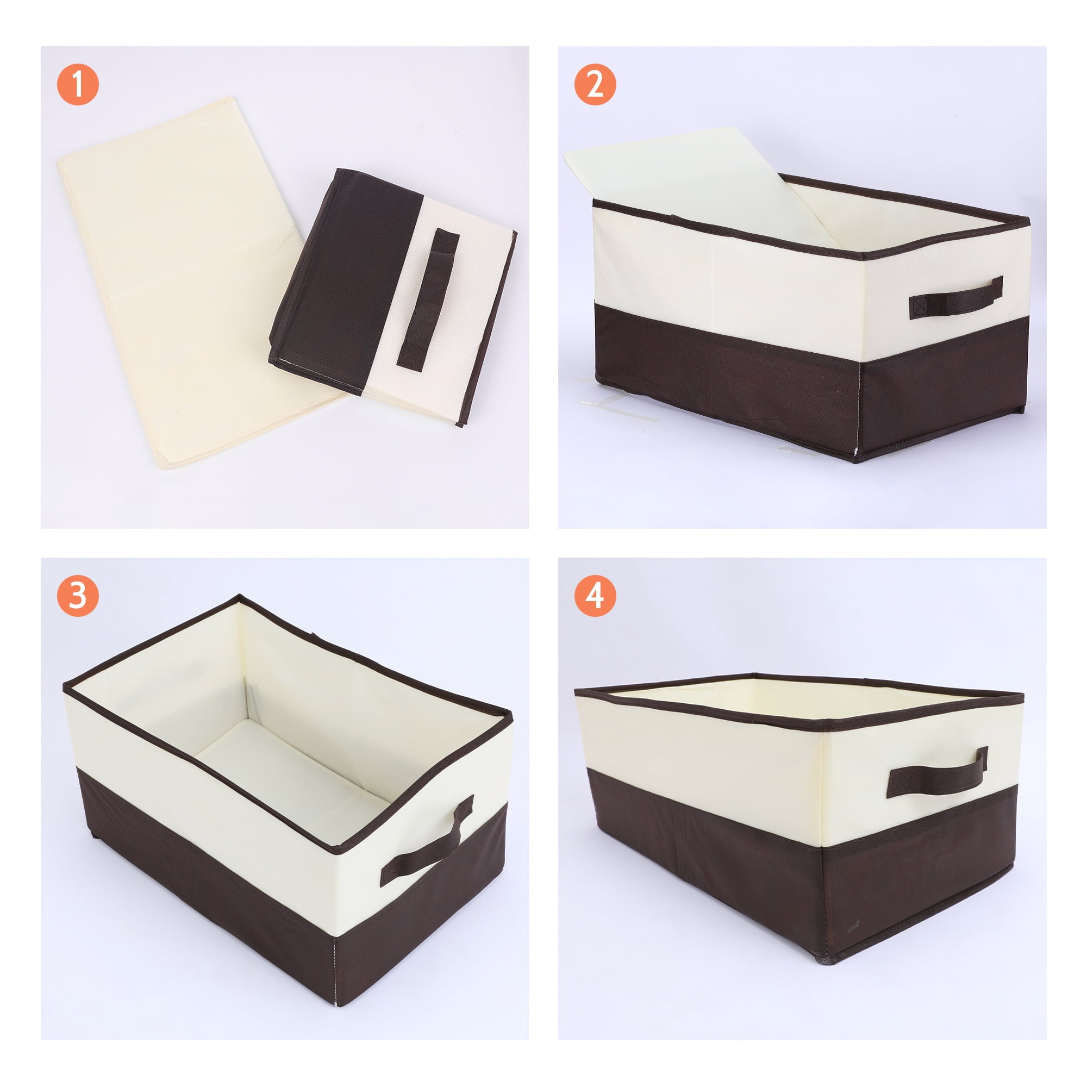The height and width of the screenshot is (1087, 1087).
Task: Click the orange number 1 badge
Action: tap(78, 84)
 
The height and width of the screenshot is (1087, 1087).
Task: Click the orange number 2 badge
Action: tap(595, 84)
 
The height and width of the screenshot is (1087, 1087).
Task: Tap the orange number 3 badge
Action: tap(78, 595)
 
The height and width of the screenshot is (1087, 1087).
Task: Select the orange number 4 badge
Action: tap(595, 595)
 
